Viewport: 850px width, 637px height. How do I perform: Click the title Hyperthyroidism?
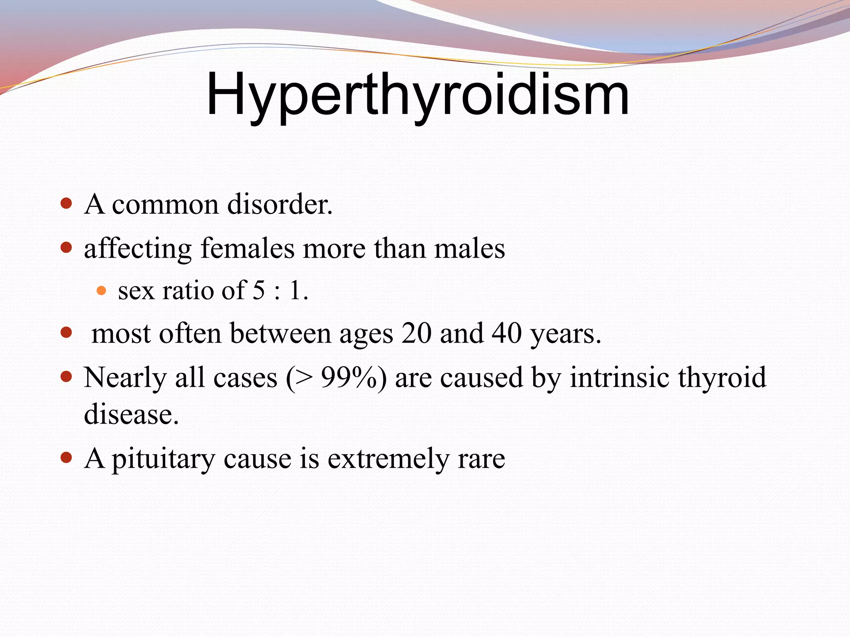tap(418, 95)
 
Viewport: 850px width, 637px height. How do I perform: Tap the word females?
tap(247, 248)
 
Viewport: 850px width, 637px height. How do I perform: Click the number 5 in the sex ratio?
tap(259, 290)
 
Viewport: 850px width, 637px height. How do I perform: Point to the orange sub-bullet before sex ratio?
tap(101, 290)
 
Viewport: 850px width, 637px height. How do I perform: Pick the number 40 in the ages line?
tap(506, 333)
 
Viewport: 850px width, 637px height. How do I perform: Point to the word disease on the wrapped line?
tap(131, 414)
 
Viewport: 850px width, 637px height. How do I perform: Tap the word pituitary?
tap(163, 459)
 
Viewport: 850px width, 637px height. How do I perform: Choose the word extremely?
tap(388, 459)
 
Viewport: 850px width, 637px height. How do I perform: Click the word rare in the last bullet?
tap(481, 459)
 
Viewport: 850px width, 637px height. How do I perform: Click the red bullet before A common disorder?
tap(66, 204)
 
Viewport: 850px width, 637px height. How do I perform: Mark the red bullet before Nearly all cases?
tap(66, 377)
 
